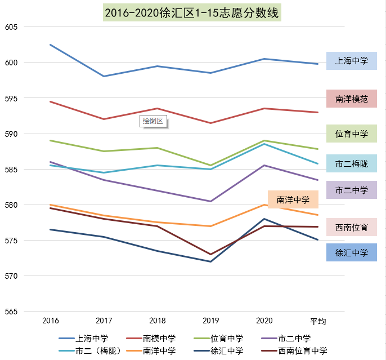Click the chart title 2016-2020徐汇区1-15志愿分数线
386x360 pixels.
(x=192, y=12)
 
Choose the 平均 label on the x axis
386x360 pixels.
(x=318, y=321)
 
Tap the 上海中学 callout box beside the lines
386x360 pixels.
(x=351, y=61)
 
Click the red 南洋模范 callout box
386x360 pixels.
(x=351, y=99)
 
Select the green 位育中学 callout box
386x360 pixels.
(x=351, y=134)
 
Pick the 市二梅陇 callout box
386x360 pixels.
(x=351, y=163)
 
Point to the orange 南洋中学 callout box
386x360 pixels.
(x=293, y=199)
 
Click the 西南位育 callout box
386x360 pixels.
(x=351, y=227)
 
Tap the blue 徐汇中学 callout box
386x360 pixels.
(x=351, y=252)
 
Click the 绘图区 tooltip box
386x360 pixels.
(x=154, y=121)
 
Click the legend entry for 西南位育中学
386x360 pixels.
(x=295, y=350)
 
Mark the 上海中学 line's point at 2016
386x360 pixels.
(x=51, y=45)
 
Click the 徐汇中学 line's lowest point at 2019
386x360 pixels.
(x=211, y=261)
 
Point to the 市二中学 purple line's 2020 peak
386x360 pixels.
(x=264, y=165)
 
